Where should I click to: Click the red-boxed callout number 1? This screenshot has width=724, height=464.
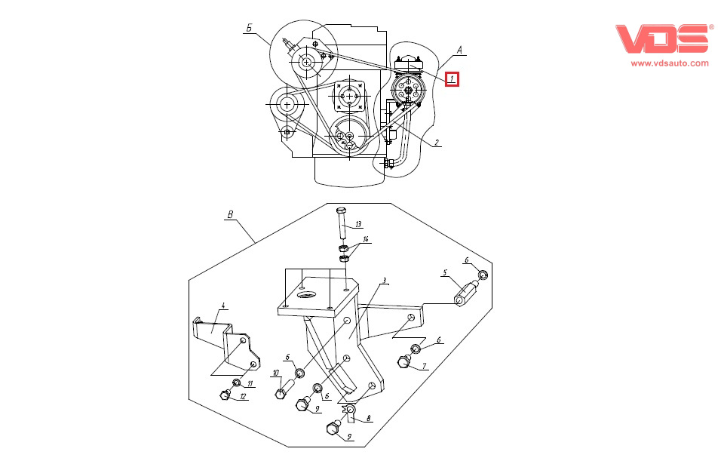coord(452,78)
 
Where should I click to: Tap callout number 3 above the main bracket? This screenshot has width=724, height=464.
coord(384,281)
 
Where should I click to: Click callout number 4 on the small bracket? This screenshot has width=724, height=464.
coord(223,306)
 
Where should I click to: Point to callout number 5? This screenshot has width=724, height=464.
coord(445,272)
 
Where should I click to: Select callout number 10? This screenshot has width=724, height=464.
coord(275,373)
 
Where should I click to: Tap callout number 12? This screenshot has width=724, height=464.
coord(243,396)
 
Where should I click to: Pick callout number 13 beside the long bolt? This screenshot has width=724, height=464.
coord(358,224)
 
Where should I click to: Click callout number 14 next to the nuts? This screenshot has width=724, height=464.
coord(366,240)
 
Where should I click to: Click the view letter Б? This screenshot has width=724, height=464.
coord(248,27)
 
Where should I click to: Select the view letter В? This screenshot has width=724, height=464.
coord(231,214)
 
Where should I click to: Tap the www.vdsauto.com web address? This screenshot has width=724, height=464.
coord(670,63)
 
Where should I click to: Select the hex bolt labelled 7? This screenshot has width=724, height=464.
coord(403,364)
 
